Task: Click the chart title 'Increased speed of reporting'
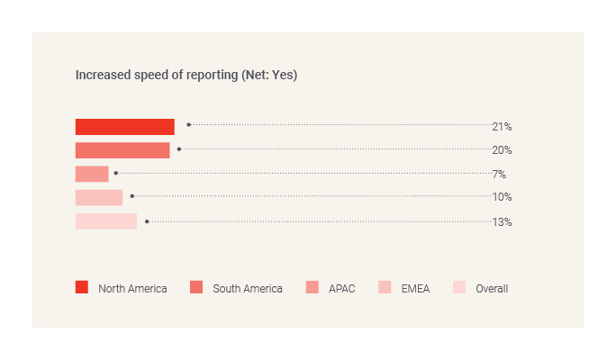pos(158,75)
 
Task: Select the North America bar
pos(124,127)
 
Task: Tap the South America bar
pos(122,150)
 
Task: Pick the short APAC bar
pos(92,174)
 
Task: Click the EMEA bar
pos(99,197)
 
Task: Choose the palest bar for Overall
pos(106,221)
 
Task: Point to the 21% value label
pos(502,127)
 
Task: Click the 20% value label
pos(502,150)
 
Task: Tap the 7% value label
pos(498,174)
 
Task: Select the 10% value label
pos(502,197)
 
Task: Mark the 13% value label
pos(502,221)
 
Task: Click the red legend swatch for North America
pos(82,288)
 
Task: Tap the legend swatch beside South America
pos(196,288)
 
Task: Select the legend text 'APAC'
pos(341,289)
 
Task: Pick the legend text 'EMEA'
pos(415,289)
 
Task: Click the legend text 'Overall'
pos(492,289)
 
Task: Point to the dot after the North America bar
pos(188,125)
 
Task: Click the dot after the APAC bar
pos(115,172)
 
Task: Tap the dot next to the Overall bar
pos(147,220)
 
